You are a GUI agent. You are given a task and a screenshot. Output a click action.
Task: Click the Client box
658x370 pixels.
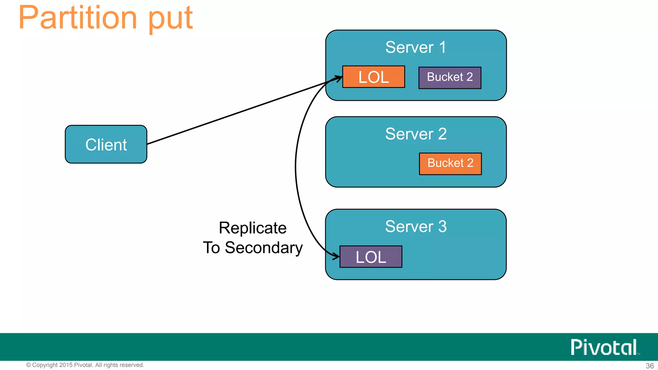pos(106,144)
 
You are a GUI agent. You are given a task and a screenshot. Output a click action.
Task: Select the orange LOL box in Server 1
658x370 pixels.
pos(373,77)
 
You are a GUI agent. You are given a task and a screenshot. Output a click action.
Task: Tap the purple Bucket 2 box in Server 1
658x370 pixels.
pos(449,77)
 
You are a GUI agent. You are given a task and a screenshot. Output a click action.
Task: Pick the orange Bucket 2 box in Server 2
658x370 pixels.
pos(450,163)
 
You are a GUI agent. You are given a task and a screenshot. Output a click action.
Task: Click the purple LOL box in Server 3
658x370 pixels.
pos(371,257)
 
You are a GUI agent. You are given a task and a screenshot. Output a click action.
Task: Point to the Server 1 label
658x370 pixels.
pos(415,47)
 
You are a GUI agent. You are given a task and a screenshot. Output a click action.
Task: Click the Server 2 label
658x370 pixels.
pos(416,134)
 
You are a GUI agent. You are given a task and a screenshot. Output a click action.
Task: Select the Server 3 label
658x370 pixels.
pos(416,226)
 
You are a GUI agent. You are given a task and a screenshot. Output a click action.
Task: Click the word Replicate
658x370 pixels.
pos(253,228)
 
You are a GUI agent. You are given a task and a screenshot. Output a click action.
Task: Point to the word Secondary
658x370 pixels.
pos(263,248)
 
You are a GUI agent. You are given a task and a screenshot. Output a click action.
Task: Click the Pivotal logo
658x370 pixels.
pos(604,347)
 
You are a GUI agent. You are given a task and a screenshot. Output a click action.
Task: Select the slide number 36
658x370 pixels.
pos(650,366)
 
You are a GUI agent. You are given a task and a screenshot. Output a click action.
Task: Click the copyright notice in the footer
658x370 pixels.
pos(85,365)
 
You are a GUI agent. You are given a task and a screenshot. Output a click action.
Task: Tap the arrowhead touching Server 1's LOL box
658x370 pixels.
pos(338,78)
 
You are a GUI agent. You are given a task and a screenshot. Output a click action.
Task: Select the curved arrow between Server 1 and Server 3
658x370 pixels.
pos(296,167)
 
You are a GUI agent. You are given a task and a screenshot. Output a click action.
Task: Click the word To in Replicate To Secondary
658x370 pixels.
pos(211,248)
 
